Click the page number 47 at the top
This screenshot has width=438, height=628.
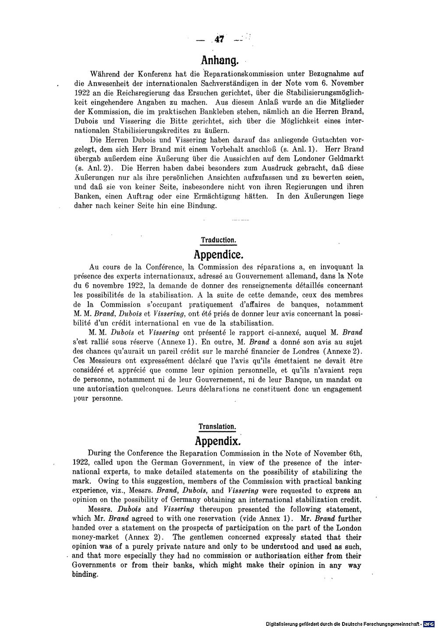(x=219, y=39)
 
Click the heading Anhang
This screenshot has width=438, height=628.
(x=219, y=59)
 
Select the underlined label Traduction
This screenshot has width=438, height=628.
(x=219, y=240)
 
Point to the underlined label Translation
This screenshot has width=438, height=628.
(x=218, y=426)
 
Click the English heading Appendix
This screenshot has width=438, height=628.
(x=218, y=440)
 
